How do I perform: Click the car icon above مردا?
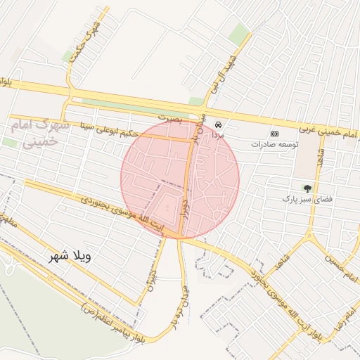pyautogui.click(x=218, y=122)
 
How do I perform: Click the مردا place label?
pyautogui.click(x=218, y=134)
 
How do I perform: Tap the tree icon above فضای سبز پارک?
pyautogui.click(x=307, y=188)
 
